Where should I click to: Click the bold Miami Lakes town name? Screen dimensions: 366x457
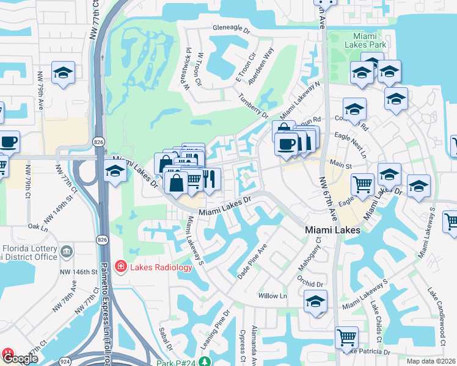[332, 231]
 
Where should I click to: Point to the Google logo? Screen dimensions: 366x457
[20, 359]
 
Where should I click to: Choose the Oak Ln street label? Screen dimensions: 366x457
[38, 226]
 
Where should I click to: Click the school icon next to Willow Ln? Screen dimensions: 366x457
[315, 301]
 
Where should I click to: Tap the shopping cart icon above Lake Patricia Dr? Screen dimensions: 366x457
[346, 337]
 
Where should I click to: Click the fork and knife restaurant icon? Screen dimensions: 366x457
[210, 179]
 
